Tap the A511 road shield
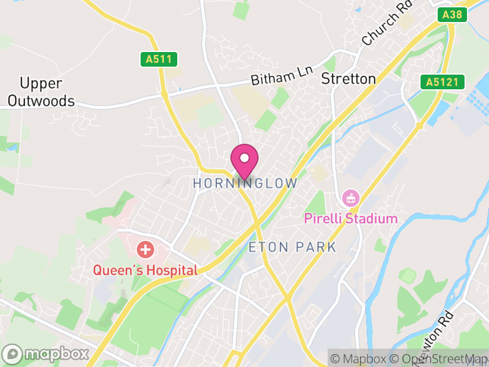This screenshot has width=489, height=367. click(x=158, y=59)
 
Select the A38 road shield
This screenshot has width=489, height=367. click(x=452, y=15)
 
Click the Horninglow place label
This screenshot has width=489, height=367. click(x=245, y=183)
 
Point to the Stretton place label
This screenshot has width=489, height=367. click(x=348, y=79)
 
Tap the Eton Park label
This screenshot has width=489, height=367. click(x=293, y=247)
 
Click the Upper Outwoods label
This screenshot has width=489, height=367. click(x=42, y=92)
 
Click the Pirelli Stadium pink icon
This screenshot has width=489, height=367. click(x=351, y=198)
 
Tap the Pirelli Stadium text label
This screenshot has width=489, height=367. click(x=351, y=218)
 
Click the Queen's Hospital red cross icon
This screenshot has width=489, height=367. click(x=145, y=250)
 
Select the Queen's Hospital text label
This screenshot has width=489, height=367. click(x=145, y=270)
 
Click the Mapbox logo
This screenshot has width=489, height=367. click(x=46, y=354)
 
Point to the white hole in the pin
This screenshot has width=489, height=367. click(x=244, y=158)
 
